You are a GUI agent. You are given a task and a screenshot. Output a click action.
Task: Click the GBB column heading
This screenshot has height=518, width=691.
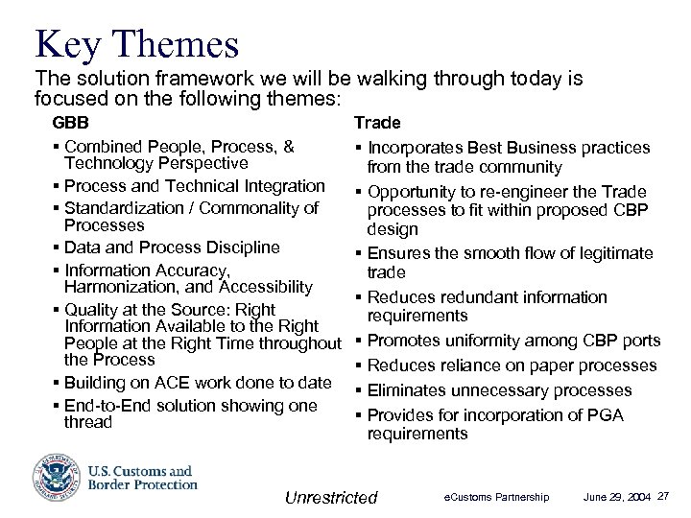tap(68, 124)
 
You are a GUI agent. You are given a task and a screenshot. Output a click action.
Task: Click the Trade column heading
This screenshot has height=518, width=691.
tap(377, 123)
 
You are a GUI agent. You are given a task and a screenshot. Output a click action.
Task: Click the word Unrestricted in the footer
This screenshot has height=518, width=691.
tap(331, 497)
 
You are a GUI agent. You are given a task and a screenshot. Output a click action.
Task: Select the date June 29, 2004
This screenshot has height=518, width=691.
tap(617, 497)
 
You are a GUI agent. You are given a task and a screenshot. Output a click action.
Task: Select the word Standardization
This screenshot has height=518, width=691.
tap(127, 208)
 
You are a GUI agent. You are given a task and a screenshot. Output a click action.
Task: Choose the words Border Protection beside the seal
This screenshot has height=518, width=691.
tap(143, 485)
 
